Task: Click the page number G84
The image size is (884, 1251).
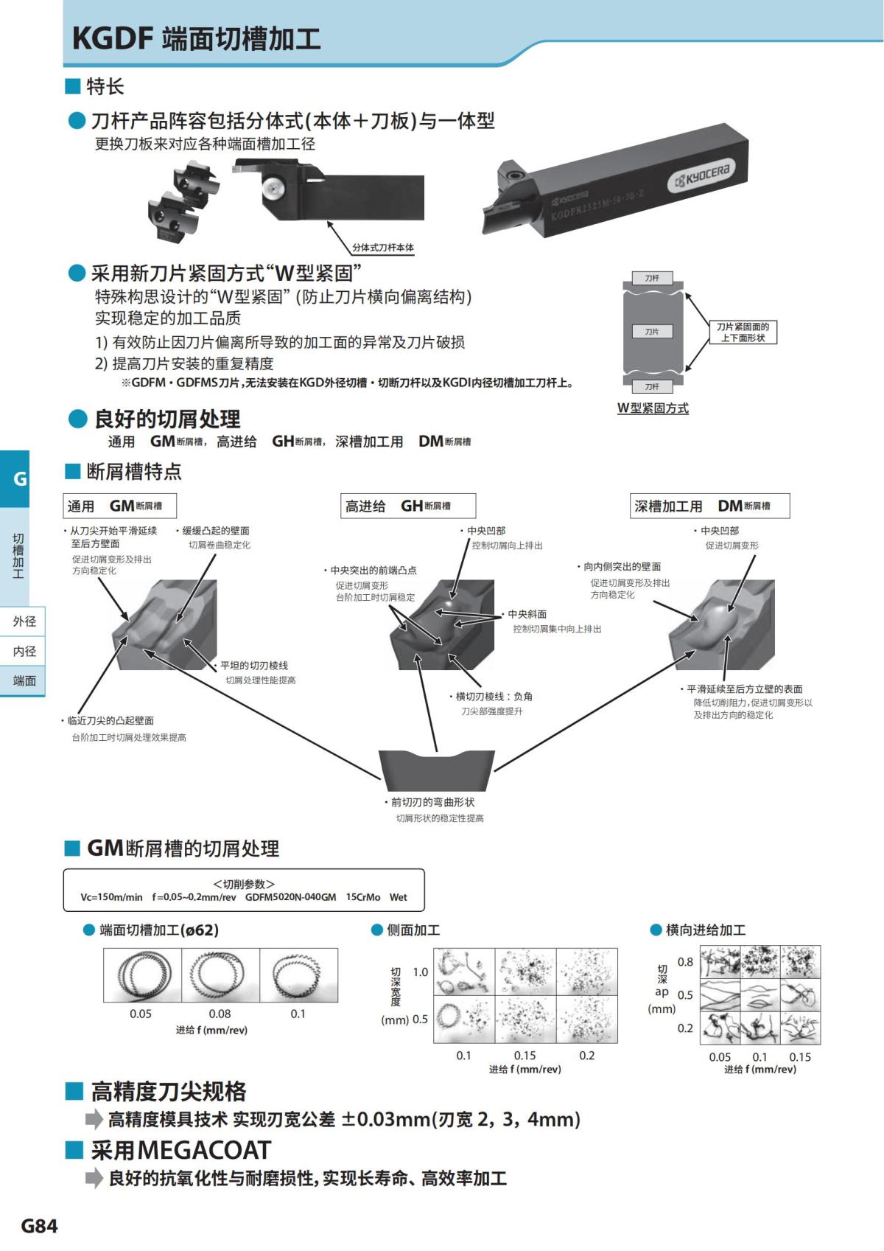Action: pos(39,1225)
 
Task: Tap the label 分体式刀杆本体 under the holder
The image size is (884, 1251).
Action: pos(382,248)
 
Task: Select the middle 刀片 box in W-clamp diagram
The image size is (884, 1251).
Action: pos(652,332)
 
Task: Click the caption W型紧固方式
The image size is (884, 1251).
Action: pos(653,408)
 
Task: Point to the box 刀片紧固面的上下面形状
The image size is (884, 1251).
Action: pos(743,332)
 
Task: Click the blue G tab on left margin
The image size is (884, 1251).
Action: pos(20,478)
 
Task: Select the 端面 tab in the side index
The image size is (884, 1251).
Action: pos(24,681)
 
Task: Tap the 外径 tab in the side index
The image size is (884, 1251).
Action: pos(24,621)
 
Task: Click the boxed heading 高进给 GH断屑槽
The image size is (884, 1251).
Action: pos(407,506)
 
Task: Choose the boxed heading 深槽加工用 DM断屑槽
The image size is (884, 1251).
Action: pos(709,506)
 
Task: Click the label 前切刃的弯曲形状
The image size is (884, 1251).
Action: pos(432,802)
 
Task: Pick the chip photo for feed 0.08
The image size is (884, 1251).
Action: pos(220,975)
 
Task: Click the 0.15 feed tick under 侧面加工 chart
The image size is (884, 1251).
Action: pos(525,1056)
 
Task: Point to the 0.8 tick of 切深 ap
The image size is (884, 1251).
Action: pos(685,962)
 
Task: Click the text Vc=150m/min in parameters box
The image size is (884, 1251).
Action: pos(111,897)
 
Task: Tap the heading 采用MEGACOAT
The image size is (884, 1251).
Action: pos(180,1150)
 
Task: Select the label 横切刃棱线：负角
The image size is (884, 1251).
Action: pos(494,697)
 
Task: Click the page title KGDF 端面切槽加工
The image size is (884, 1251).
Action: pos(196,38)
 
